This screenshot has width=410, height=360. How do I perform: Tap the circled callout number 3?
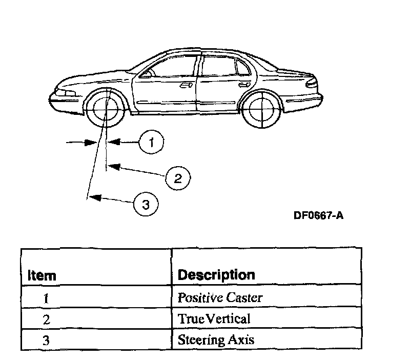coord(146,205)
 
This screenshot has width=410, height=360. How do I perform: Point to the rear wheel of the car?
coord(261,109)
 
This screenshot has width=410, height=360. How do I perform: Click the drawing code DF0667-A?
coord(318,215)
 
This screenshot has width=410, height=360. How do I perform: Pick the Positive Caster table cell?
coord(220,297)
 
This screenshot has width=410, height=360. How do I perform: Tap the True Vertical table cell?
coord(214,319)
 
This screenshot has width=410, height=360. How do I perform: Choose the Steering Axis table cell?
coord(216,339)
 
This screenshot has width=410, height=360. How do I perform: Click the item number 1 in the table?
coord(47,298)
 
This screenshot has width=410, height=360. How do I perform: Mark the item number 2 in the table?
coord(47,319)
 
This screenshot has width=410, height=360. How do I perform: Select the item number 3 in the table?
coord(47,340)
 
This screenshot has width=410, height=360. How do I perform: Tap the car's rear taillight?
coord(311,82)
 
